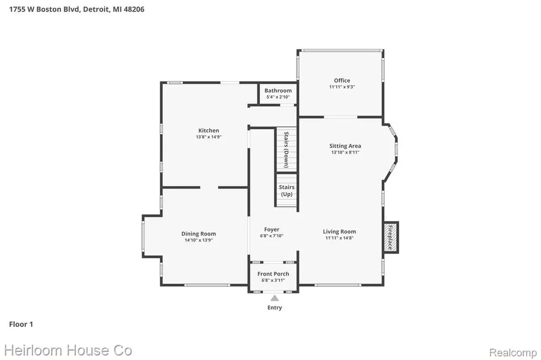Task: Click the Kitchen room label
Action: pyautogui.click(x=208, y=130)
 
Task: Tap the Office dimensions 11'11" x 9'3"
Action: pyautogui.click(x=342, y=87)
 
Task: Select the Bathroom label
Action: pyautogui.click(x=278, y=90)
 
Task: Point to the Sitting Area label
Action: pyautogui.click(x=345, y=146)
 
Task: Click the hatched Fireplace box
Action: pyautogui.click(x=391, y=237)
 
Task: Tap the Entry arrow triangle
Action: pyautogui.click(x=275, y=298)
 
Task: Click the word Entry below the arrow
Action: pyautogui.click(x=275, y=308)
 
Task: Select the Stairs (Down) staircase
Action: pyautogui.click(x=286, y=149)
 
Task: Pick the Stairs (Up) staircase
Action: pyautogui.click(x=286, y=191)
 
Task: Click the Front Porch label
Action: pyautogui.click(x=273, y=274)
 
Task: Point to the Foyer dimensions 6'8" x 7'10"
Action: pyautogui.click(x=272, y=236)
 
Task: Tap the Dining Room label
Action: pyautogui.click(x=199, y=234)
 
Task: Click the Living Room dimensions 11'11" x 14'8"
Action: pyautogui.click(x=340, y=238)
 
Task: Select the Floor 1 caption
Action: pyautogui.click(x=21, y=324)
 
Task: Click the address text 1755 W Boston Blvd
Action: pyautogui.click(x=45, y=10)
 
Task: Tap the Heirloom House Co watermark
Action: pyautogui.click(x=68, y=350)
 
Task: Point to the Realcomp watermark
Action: pyautogui.click(x=513, y=353)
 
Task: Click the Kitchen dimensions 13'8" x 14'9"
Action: pyautogui.click(x=209, y=137)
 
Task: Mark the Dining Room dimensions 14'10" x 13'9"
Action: pyautogui.click(x=199, y=240)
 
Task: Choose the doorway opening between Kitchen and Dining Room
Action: pyautogui.click(x=209, y=187)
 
